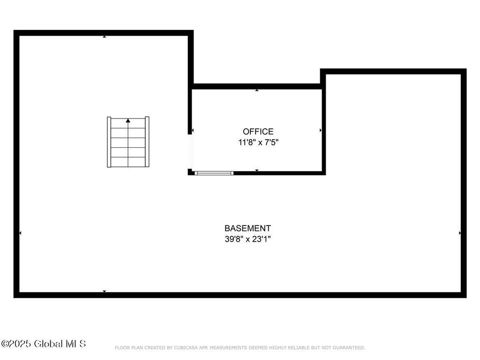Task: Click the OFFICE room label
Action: pos(258,132)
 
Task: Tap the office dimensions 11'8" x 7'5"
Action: pos(258,142)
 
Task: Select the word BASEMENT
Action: pos(247,228)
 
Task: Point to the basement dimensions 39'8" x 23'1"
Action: pos(247,239)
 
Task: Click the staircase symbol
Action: pos(128,142)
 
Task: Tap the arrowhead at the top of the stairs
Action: pos(128,120)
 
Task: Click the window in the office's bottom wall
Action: pos(214,173)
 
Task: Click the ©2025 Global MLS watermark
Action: pos(43,344)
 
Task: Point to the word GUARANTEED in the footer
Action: pos(349,348)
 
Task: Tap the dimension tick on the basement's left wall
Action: pos(20,233)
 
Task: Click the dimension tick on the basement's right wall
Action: pos(460,233)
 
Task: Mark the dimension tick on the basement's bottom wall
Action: pos(105,291)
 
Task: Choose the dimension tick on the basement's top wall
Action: pos(105,37)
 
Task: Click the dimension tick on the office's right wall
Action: pos(321,130)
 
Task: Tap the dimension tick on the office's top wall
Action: pos(257,90)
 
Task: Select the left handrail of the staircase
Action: pos(109,142)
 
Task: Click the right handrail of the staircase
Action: pos(147,142)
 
